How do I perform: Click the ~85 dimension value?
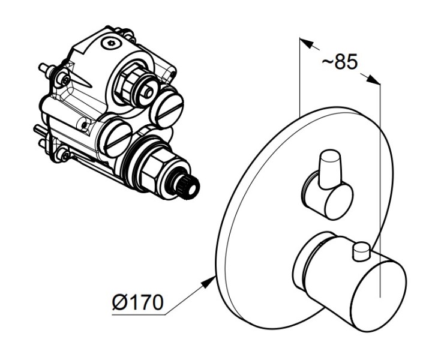click(340, 62)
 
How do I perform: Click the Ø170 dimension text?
click(138, 302)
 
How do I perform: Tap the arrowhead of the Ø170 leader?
click(209, 282)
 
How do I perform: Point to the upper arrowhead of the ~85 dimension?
click(307, 43)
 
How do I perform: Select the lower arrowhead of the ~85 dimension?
click(373, 79)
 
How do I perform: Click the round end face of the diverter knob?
click(339, 202)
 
